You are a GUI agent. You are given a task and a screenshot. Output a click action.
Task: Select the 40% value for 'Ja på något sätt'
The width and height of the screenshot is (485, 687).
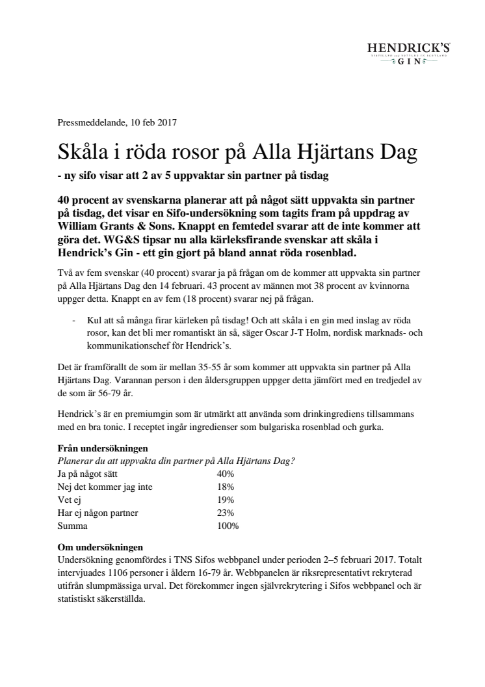pyautogui.click(x=225, y=473)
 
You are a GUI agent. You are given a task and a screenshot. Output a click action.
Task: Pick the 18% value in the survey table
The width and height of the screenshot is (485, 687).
pyautogui.click(x=225, y=486)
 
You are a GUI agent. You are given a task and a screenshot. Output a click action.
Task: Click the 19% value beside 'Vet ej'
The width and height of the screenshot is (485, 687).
pyautogui.click(x=225, y=500)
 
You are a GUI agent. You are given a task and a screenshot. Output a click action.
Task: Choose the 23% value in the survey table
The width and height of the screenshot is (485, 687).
pyautogui.click(x=225, y=513)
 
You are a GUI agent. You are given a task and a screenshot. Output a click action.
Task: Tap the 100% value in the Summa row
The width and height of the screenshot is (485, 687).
pyautogui.click(x=228, y=526)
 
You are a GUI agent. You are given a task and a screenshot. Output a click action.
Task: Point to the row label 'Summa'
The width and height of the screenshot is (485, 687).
pyautogui.click(x=72, y=526)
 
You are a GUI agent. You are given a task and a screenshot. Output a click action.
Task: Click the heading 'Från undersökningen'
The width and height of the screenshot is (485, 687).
pyautogui.click(x=102, y=448)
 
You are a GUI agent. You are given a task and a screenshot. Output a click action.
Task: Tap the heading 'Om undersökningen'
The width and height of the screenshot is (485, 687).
pyautogui.click(x=99, y=548)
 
